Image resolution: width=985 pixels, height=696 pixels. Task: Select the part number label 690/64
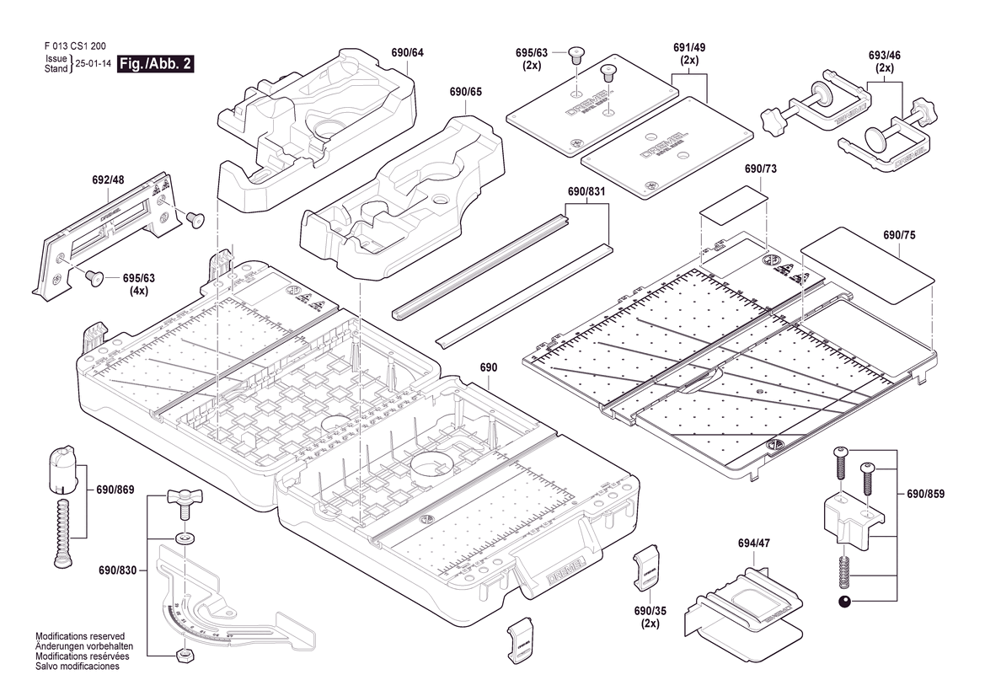[407, 53]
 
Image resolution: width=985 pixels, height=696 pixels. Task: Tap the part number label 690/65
[465, 91]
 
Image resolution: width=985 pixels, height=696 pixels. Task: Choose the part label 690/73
[760, 169]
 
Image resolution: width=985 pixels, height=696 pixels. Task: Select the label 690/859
[925, 494]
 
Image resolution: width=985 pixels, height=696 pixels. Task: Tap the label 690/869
[115, 490]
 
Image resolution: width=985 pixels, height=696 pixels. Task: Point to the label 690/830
[115, 570]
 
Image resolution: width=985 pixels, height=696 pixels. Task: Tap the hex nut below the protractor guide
[183, 654]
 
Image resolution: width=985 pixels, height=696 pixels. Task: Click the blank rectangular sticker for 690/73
[734, 206]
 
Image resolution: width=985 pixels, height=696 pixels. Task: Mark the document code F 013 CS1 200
[75, 47]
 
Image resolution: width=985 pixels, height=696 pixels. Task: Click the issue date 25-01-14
[93, 64]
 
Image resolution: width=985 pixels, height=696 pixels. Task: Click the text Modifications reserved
[80, 636]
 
